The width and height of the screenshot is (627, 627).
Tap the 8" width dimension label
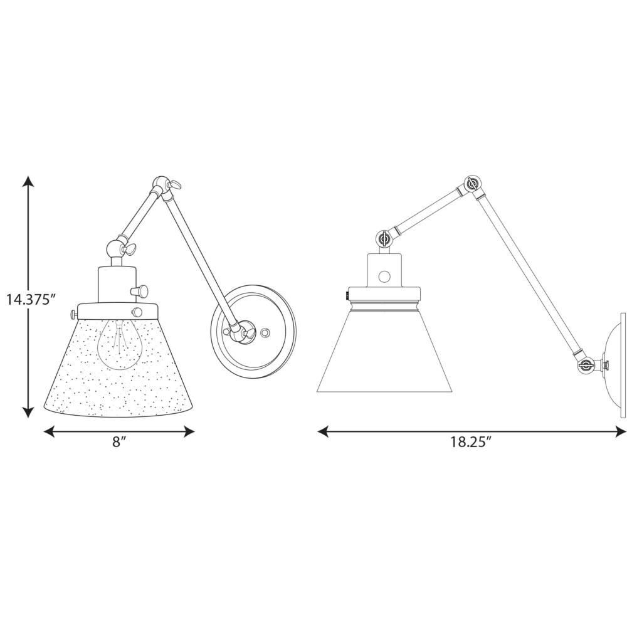pyautogui.click(x=119, y=441)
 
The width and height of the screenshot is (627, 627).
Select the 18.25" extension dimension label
pyautogui.click(x=471, y=441)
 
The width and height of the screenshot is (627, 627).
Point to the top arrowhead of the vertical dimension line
pyautogui.click(x=28, y=181)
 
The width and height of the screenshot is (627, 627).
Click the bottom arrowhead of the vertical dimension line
pyautogui.click(x=28, y=412)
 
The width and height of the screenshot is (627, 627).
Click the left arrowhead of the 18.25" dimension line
pyautogui.click(x=323, y=431)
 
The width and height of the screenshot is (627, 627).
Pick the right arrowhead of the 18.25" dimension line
pyautogui.click(x=620, y=431)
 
